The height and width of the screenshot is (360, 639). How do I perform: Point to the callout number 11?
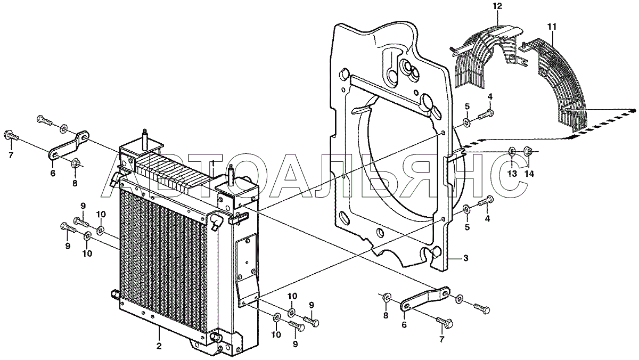(x=551, y=26)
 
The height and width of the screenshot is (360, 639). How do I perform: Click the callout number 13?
(x=512, y=174)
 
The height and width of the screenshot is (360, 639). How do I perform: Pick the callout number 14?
(x=528, y=174)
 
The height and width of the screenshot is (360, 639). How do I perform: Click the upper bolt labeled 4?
(x=485, y=113)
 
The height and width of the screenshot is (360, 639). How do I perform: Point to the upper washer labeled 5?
(x=466, y=124)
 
